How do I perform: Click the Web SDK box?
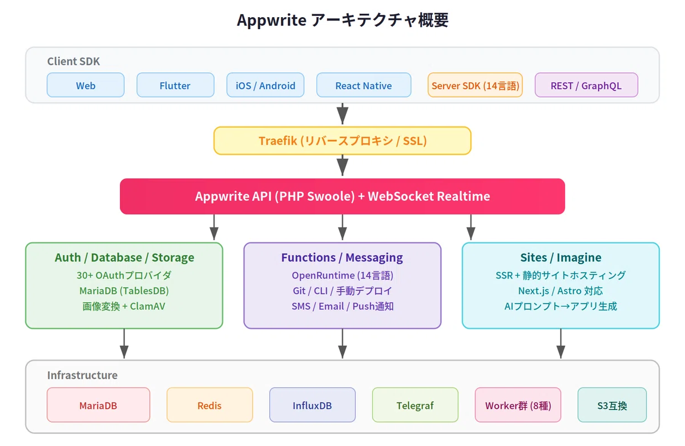(86, 85)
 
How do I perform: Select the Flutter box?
(175, 85)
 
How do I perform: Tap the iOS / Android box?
(265, 85)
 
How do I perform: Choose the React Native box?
(364, 85)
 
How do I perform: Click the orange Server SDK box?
(475, 85)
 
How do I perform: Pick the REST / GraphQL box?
(586, 85)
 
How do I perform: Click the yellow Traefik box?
(342, 141)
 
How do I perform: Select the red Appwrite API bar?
(342, 196)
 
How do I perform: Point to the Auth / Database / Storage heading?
(124, 258)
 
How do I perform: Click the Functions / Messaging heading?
(342, 258)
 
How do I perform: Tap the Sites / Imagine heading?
(561, 258)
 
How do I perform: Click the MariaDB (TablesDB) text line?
(124, 290)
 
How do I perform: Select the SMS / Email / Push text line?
(342, 306)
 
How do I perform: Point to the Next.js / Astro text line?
(561, 290)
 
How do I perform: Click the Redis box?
(209, 405)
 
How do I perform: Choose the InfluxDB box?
(312, 405)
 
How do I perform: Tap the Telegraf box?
(415, 405)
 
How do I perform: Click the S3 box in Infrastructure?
(612, 405)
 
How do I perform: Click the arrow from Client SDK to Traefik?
(342, 114)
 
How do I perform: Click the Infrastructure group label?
(82, 375)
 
